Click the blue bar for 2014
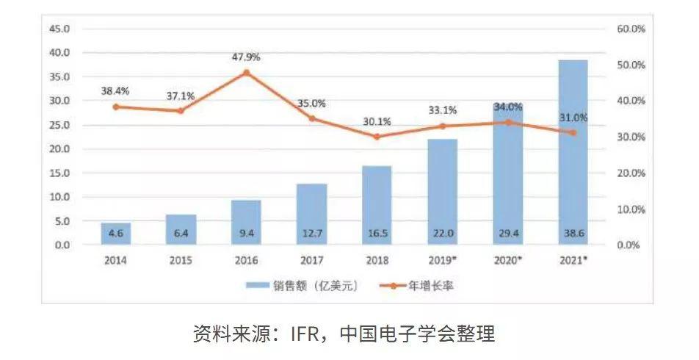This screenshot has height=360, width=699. point(116,234)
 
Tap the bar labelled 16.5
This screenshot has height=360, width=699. point(377,205)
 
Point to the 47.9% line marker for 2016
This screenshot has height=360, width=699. point(246,73)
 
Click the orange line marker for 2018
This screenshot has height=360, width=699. point(377,137)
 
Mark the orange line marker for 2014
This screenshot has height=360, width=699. point(116,107)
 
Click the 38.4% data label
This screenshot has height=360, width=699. point(115,91)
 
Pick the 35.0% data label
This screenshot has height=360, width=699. point(311,104)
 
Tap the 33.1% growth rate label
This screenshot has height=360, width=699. point(442,110)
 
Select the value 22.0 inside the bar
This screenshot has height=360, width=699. point(442,234)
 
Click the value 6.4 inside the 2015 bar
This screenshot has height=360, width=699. point(181,234)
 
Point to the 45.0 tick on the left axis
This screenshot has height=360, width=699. point(59,29)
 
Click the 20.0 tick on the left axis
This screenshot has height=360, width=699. point(59,149)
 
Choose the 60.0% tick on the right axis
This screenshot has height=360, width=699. point(630,29)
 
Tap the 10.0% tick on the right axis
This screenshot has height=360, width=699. point(630,209)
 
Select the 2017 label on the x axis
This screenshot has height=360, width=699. point(311,261)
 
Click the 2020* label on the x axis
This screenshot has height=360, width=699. point(508,261)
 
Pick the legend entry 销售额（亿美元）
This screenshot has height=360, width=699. point(301,286)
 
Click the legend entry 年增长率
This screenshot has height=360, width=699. point(416,286)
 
